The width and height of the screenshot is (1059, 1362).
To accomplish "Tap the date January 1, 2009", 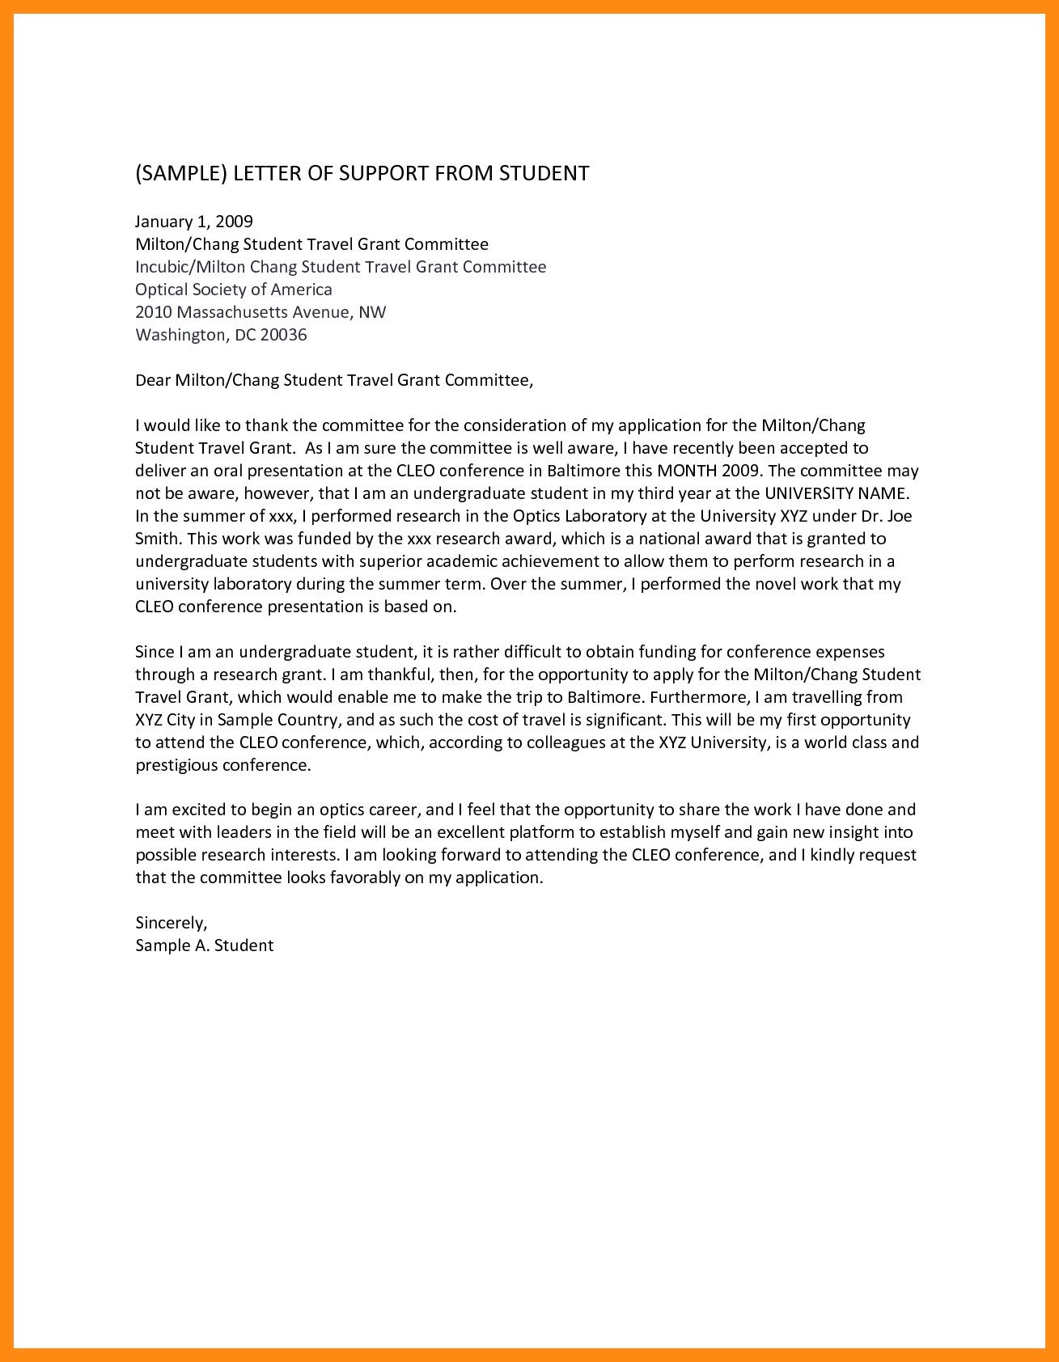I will (194, 222).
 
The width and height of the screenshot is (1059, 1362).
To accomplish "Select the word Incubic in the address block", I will (163, 267).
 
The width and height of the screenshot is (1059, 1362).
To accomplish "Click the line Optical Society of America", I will (234, 290).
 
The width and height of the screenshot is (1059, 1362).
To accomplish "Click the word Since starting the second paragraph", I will (154, 651).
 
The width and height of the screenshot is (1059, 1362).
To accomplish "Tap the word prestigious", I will (176, 765).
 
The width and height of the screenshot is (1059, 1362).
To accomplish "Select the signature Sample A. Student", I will (205, 945).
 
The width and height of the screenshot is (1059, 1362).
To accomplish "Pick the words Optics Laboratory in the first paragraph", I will (575, 516).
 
